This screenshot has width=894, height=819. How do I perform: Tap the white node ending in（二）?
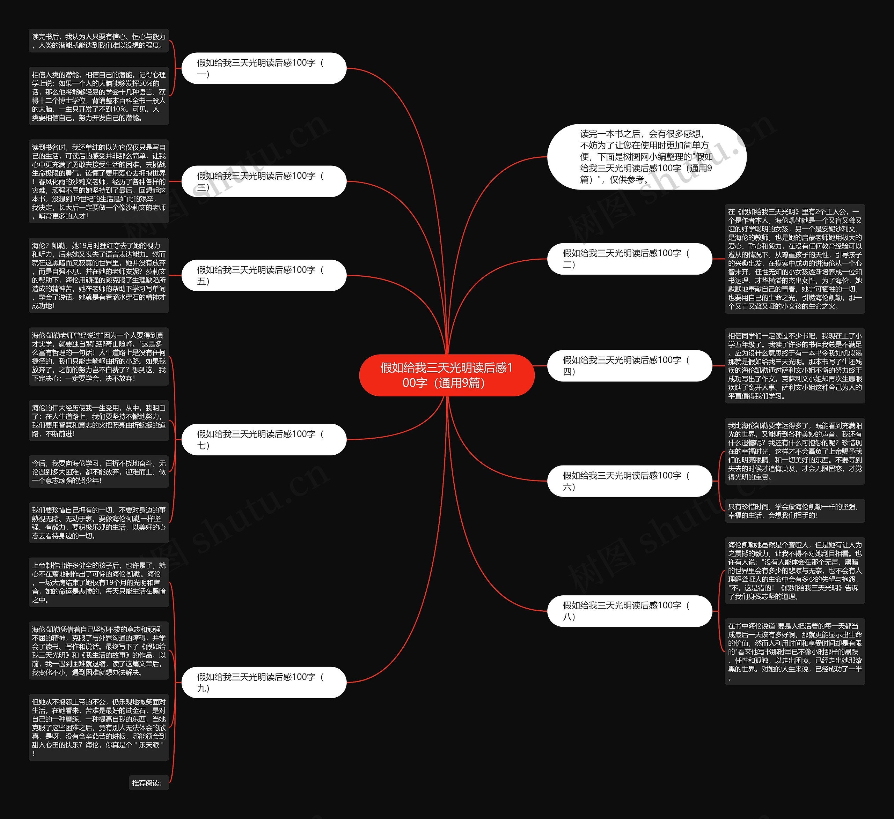pyautogui.click(x=629, y=259)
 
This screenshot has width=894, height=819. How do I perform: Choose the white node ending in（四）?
pyautogui.click(x=629, y=366)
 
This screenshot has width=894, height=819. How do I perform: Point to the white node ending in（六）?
pyautogui.click(x=629, y=481)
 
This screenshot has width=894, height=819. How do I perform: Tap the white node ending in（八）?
pyautogui.click(x=629, y=611)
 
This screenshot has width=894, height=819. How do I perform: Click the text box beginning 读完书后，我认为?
pyautogui.click(x=98, y=41)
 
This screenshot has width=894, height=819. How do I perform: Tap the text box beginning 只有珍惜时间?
pyautogui.click(x=795, y=511)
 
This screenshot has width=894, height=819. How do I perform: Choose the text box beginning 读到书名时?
pyautogui.click(x=98, y=181)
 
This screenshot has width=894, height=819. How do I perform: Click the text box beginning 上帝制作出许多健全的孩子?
pyautogui.click(x=98, y=582)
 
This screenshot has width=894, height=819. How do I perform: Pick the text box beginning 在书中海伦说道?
pyautogui.click(x=795, y=652)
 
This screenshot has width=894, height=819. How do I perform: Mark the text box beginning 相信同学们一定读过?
pyautogui.click(x=795, y=366)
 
